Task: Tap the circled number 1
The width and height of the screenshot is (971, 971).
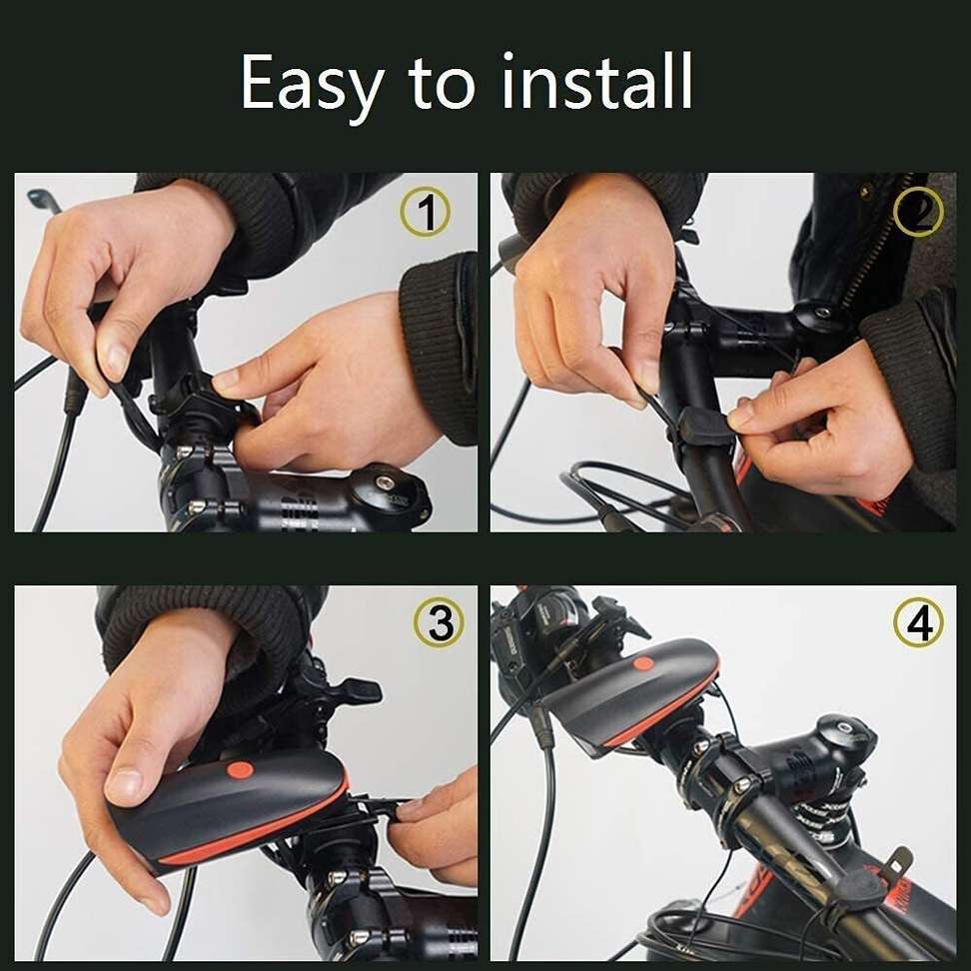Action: [426, 213]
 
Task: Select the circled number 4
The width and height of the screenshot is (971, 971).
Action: [918, 622]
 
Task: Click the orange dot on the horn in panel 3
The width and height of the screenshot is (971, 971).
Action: [239, 769]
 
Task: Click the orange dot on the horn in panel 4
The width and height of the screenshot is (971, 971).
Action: [644, 663]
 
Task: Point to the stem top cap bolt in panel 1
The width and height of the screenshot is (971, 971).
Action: [385, 484]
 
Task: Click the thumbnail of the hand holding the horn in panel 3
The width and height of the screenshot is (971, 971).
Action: [125, 785]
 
